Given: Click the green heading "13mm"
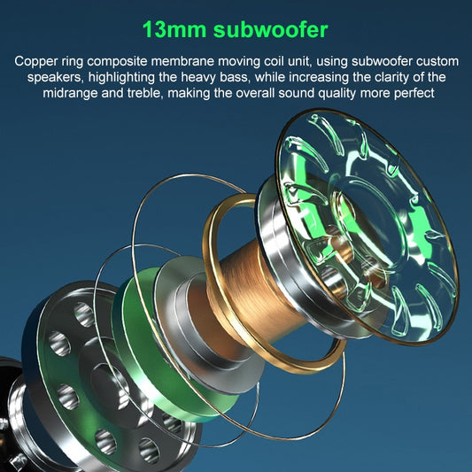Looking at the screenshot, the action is pos(174,29).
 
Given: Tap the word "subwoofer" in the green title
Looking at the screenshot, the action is pos(271,29).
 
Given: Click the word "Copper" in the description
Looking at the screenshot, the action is pos(35,62).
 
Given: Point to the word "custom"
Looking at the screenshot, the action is pos(437,61).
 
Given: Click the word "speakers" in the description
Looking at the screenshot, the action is pos(54,77).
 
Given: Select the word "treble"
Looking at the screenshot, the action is pos(143,93).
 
